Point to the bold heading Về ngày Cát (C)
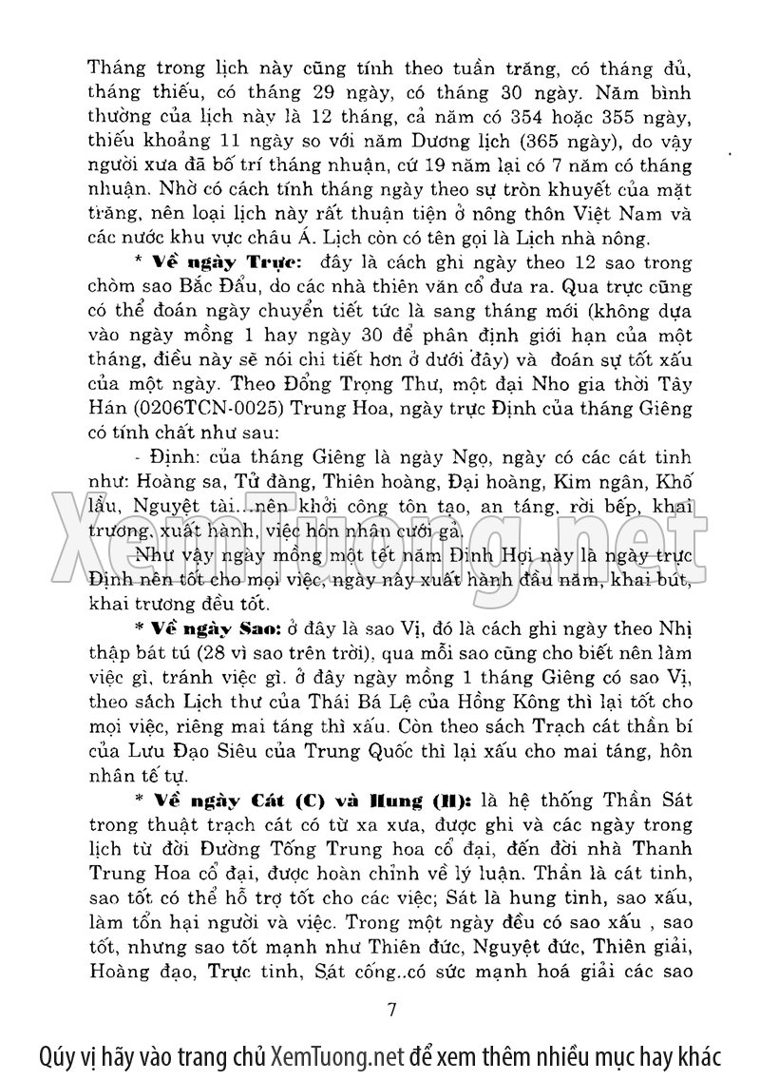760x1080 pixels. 238,800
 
